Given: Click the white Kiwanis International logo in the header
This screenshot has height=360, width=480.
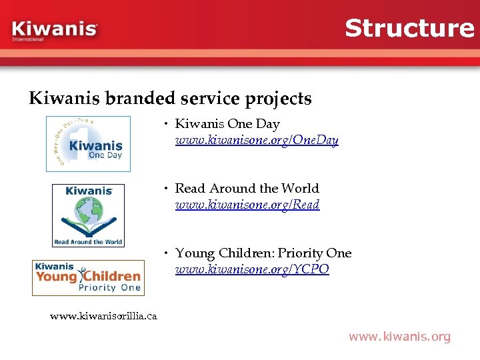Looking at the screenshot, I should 55,31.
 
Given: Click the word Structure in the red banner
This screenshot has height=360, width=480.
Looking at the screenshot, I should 409,28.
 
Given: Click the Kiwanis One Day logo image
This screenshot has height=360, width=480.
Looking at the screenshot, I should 88,144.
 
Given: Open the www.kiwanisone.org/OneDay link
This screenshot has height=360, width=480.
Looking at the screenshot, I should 257,141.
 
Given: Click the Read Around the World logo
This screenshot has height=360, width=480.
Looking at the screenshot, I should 88,215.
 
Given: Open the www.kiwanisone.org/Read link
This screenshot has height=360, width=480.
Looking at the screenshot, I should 247,205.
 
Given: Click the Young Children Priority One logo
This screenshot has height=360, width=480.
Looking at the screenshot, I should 88,277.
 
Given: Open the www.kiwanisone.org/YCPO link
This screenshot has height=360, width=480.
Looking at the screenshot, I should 252,270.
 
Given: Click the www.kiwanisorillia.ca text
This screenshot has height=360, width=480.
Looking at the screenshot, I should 103,316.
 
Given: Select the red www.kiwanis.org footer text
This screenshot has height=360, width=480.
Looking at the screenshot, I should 399,337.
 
